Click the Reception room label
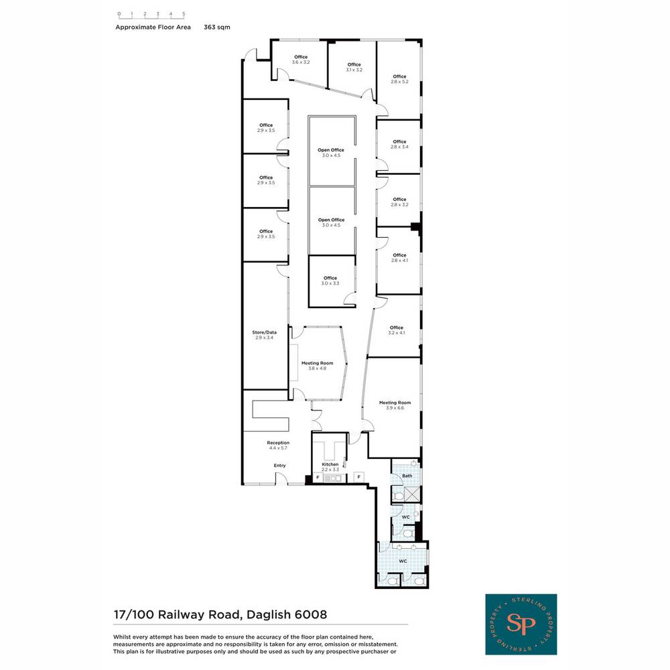pos(278,443)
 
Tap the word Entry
pos(279,466)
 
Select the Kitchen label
pos(330,464)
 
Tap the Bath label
pos(407,476)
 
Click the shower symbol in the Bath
pos(412,494)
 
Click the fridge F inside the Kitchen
pos(318,477)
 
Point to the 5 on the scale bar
pos(184,13)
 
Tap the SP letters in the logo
pos(521,624)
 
